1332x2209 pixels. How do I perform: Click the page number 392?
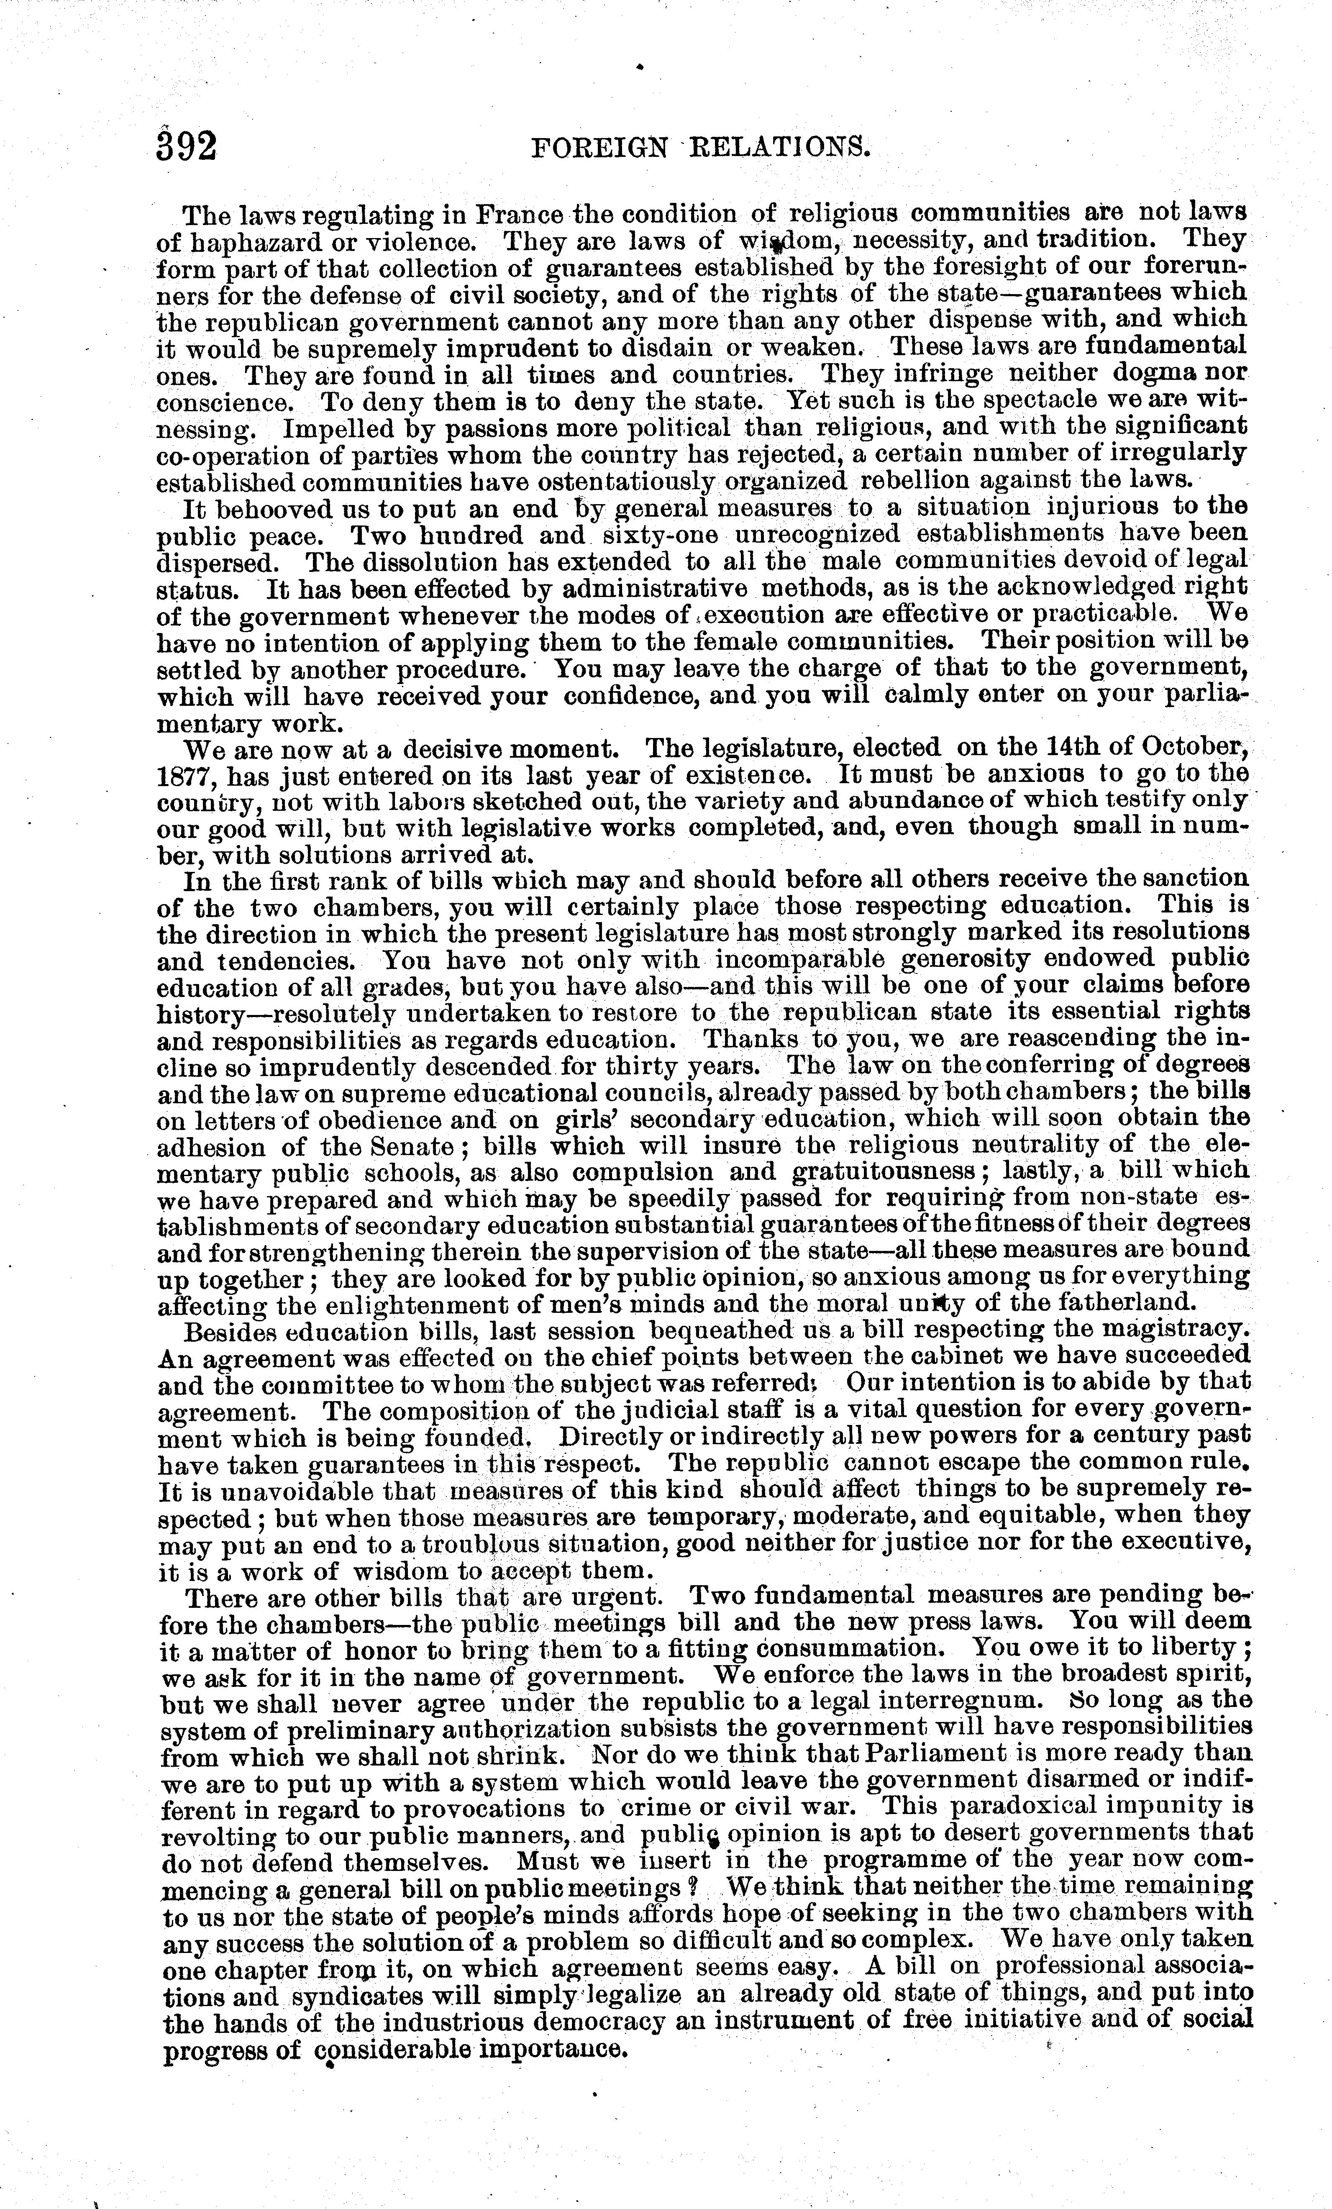point(187,144)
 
